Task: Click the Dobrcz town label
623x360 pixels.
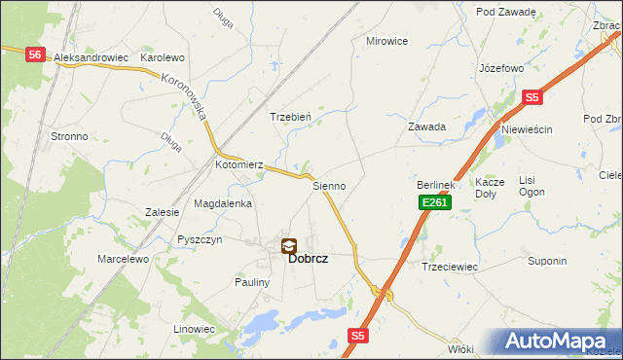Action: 307,260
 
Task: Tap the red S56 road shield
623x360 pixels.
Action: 35,55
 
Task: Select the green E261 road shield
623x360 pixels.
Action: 434,202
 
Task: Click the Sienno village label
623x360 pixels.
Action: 329,185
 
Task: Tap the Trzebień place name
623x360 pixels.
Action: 290,117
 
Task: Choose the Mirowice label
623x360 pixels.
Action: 385,41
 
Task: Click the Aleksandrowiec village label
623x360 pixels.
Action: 92,57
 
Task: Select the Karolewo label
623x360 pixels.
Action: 163,57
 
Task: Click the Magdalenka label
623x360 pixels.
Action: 223,204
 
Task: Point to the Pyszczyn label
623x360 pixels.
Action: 201,239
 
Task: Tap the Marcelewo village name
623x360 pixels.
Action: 123,260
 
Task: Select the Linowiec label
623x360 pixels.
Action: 194,329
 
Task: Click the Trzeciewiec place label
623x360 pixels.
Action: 449,267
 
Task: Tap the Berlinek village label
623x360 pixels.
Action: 436,185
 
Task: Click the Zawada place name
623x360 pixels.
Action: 426,126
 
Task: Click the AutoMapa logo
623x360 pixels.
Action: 557,342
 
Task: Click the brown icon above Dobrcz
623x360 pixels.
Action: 289,246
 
